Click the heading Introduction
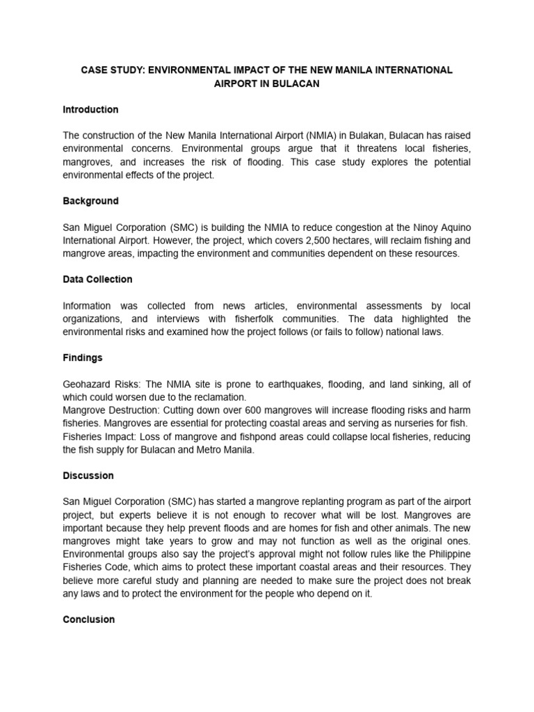point(90,110)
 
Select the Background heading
point(90,201)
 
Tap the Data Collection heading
point(97,280)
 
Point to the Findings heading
point(83,357)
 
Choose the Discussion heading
point(88,476)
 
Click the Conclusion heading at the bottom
point(89,619)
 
